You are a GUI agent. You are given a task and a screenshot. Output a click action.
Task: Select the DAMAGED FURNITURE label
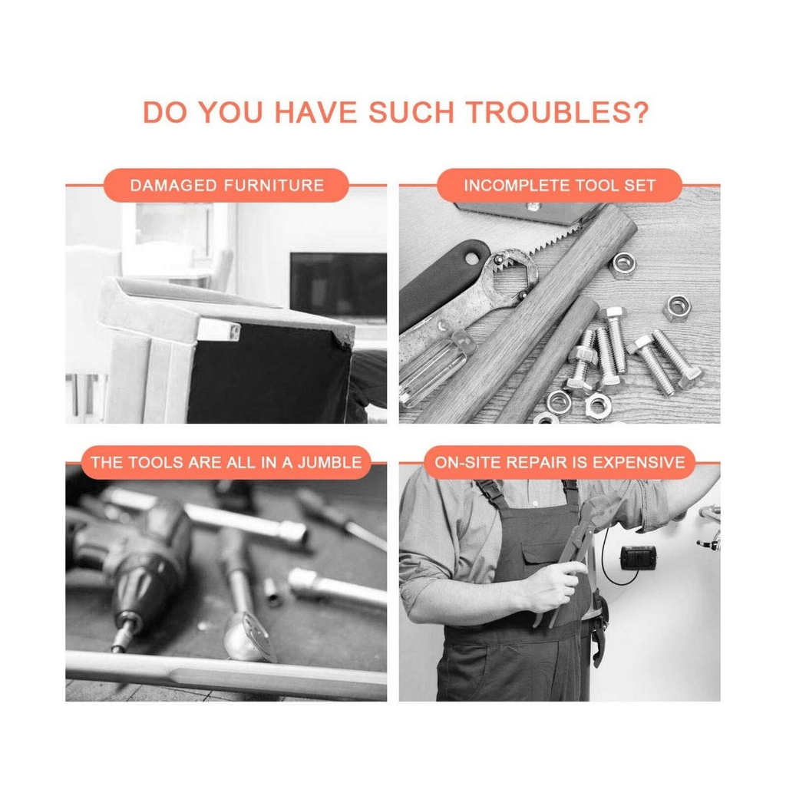[x=226, y=186]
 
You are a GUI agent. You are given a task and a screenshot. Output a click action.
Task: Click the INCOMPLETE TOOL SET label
[x=560, y=186]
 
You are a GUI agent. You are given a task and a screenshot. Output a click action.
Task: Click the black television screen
[x=339, y=285]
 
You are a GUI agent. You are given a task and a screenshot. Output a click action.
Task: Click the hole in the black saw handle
[x=471, y=258]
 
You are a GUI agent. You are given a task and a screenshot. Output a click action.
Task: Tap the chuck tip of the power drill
[x=121, y=639]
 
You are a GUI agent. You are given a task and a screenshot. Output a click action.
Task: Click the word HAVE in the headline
[x=315, y=112]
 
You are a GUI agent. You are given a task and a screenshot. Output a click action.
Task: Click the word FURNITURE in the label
[x=274, y=186]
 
